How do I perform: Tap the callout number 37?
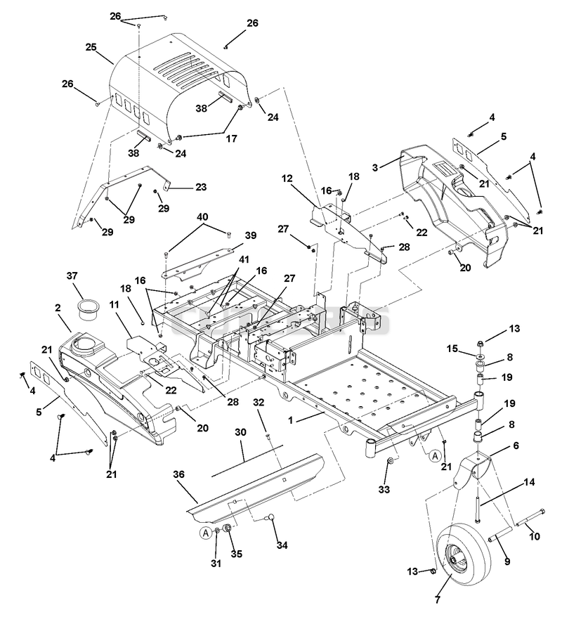(72, 275)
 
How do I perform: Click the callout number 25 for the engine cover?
(91, 47)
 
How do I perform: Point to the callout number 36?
(178, 474)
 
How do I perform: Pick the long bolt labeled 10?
(531, 517)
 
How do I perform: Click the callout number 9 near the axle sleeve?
(507, 561)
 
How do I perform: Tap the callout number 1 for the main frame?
(290, 420)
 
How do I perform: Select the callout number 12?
(287, 178)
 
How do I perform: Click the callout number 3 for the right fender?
(375, 167)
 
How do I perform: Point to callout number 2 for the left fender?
(58, 308)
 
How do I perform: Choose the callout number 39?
(251, 235)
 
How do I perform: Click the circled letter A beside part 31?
(205, 533)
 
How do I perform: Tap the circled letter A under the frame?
(435, 455)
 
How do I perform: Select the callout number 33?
(384, 489)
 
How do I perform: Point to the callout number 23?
(201, 187)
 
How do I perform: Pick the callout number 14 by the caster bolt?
(529, 482)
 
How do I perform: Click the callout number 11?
(114, 305)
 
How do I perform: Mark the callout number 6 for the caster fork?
(516, 446)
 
